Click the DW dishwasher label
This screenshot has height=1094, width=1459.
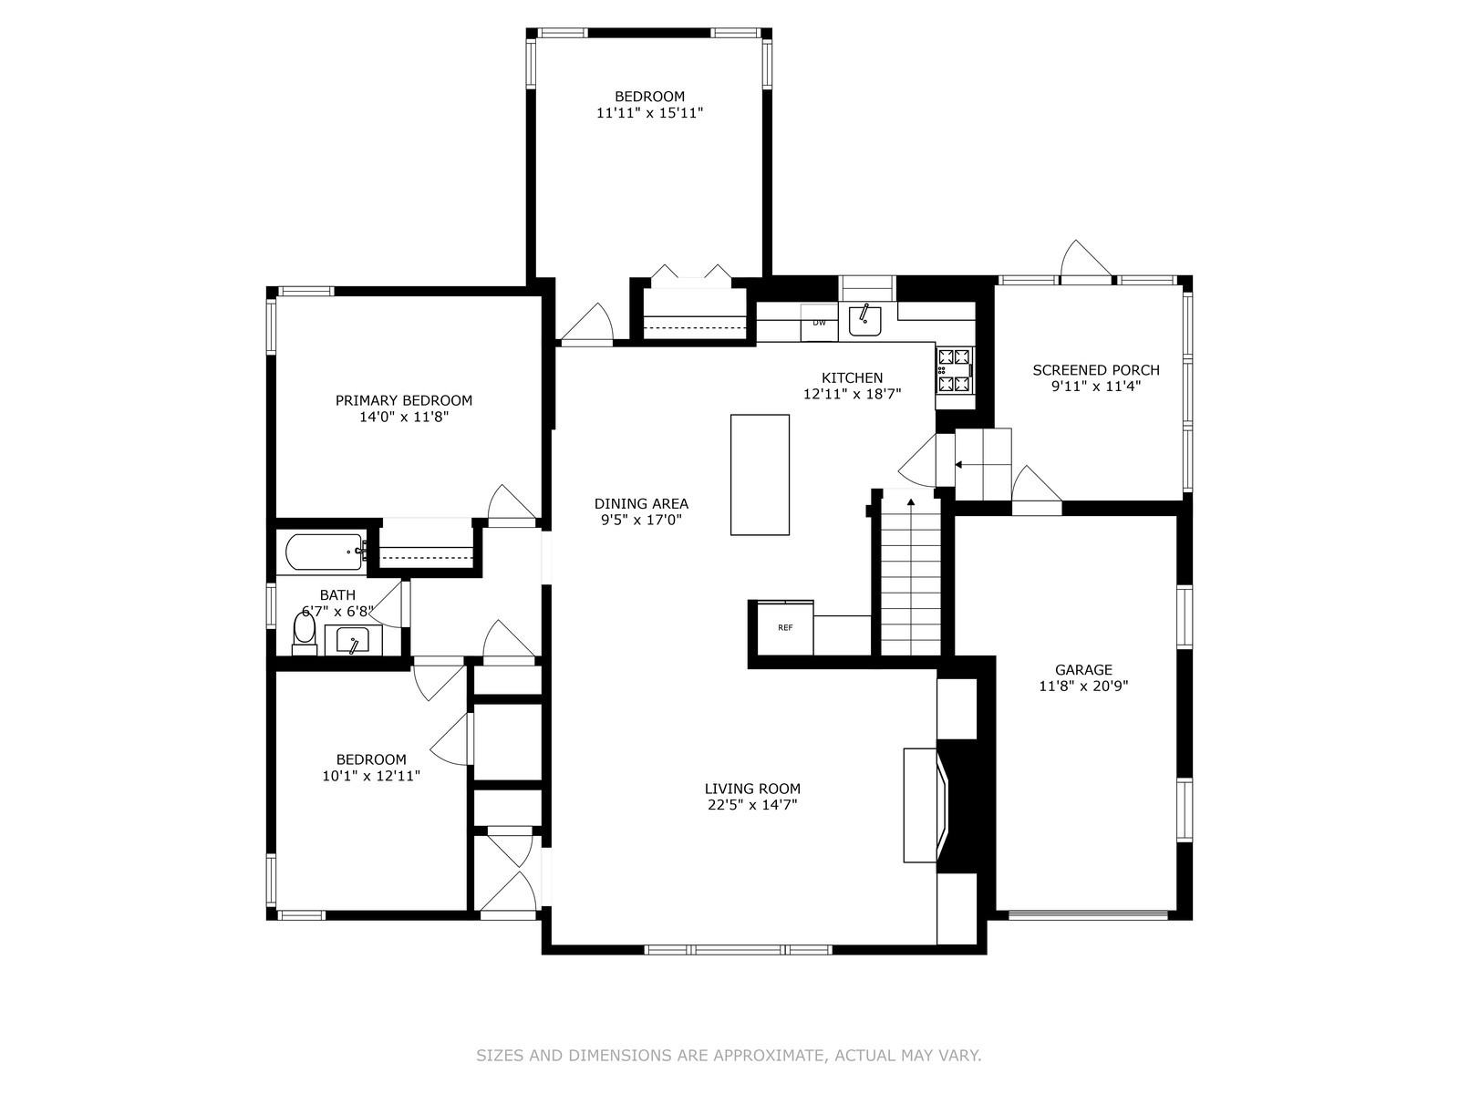pos(819,323)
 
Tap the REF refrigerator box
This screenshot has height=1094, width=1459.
pos(785,627)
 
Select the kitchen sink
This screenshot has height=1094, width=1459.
pos(864,320)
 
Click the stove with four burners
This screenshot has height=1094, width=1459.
pos(955,370)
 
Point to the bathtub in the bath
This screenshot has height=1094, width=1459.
pos(325,552)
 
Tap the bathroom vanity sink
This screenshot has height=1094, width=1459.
pos(352,641)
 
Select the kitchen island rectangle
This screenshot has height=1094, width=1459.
pos(760,474)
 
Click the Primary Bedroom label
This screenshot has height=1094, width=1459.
pos(403,400)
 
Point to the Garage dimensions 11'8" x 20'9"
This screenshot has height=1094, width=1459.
pos(1083,686)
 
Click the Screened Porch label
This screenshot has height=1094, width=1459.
pos(1096,370)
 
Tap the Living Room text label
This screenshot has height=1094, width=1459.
pos(752,789)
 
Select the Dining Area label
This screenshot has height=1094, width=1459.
pos(641,503)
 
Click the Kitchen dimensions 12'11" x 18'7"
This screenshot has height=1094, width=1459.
pos(852,394)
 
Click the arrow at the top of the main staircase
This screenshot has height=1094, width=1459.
pos(911,501)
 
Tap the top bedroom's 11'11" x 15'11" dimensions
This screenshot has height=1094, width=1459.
pos(649,113)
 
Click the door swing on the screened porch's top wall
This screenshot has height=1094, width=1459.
pos(1085,262)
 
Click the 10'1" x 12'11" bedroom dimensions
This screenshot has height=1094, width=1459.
pos(371,776)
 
